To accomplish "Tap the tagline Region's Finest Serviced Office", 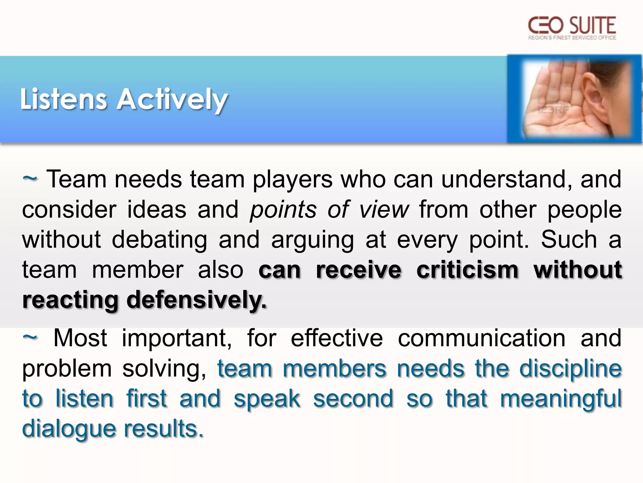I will tap(572, 38).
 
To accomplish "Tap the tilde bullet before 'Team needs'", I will tap(30, 179).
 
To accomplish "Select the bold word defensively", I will tap(196, 300).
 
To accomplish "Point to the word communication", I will tap(482, 338).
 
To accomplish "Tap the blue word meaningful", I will tap(561, 399).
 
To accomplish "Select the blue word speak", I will tap(267, 399).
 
